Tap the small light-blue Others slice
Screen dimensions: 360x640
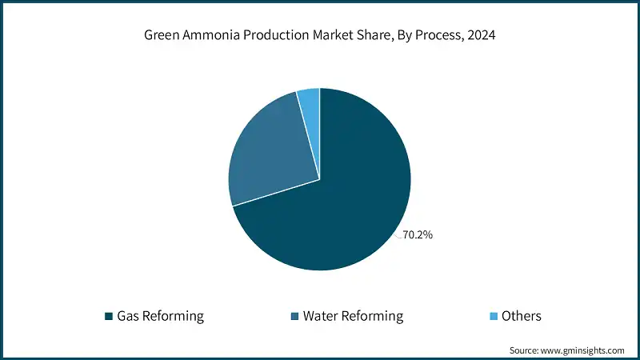(310, 99)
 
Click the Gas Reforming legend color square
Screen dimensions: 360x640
(109, 316)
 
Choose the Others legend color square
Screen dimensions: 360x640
(494, 316)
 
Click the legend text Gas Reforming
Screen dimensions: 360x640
(160, 316)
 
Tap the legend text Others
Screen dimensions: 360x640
(522, 316)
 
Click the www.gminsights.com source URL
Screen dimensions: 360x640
(583, 350)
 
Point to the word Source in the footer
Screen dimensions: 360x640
(524, 350)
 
